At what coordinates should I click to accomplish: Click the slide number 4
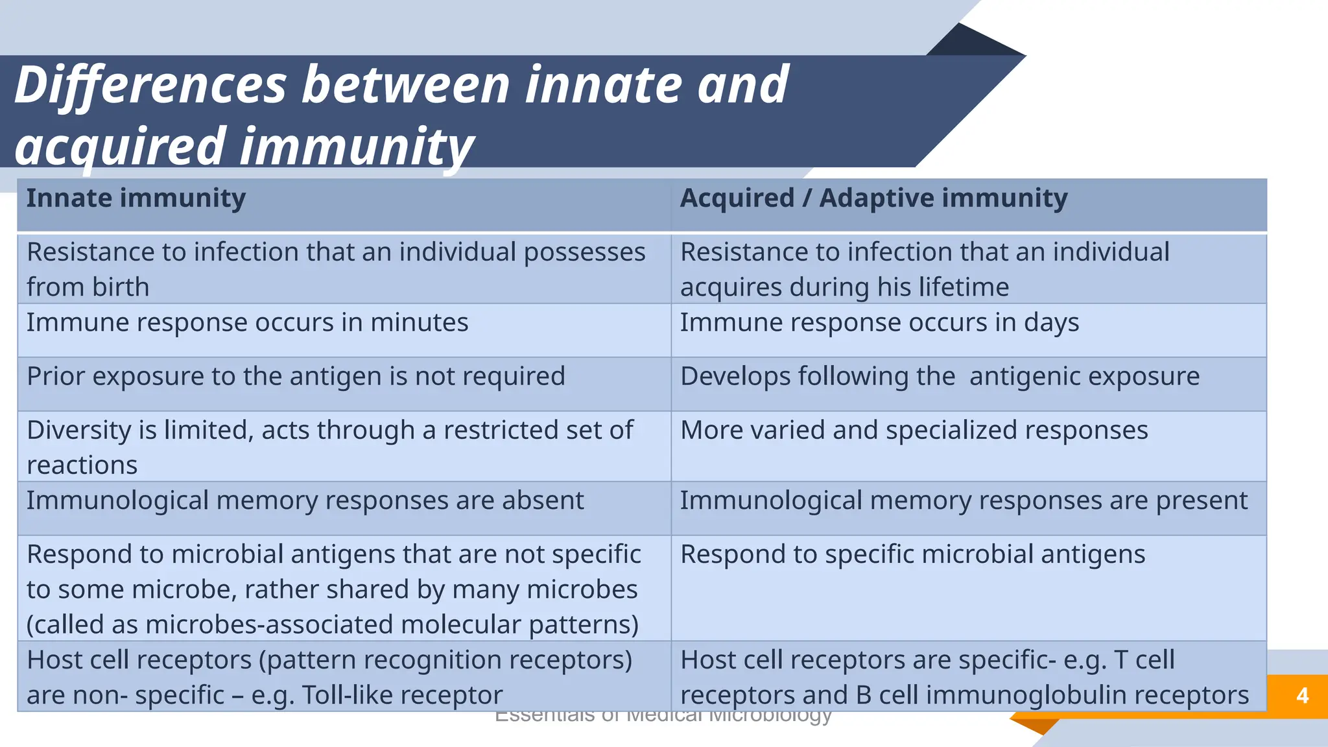pos(1302,696)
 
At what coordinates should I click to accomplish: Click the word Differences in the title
pos(150,85)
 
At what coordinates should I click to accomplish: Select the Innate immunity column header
pos(136,198)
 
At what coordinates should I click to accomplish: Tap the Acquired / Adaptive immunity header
pos(873,198)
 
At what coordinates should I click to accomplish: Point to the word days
pos(1051,323)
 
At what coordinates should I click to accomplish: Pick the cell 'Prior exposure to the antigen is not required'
pos(296,377)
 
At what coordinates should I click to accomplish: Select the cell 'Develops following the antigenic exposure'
pos(940,377)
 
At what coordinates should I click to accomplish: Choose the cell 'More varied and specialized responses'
pos(914,431)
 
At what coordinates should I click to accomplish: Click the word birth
pos(121,287)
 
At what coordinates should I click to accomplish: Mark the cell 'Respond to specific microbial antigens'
pos(912,554)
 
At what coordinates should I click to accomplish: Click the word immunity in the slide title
pos(357,147)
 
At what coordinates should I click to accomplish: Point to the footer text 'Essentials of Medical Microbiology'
pos(663,717)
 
